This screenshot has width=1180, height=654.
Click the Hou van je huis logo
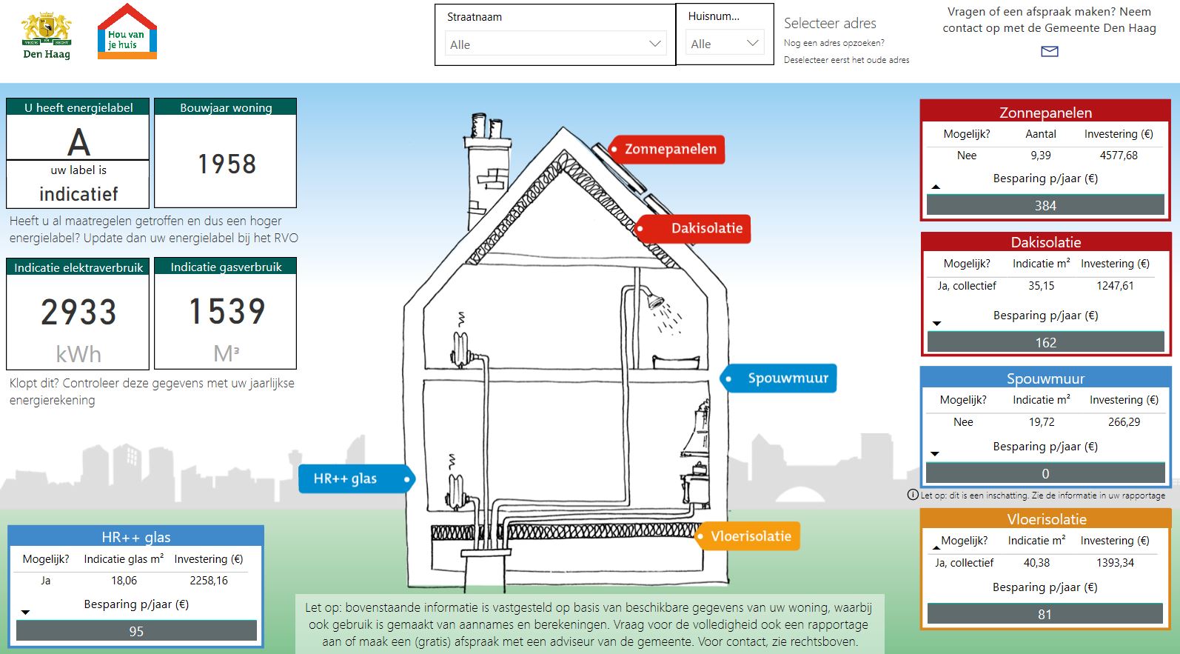(127, 32)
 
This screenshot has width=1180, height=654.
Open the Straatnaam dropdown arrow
(655, 44)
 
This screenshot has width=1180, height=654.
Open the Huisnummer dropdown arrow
(753, 43)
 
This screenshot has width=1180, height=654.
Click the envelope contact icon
(1050, 51)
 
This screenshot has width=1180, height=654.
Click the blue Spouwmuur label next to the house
(778, 378)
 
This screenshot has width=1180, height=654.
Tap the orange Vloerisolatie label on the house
(747, 536)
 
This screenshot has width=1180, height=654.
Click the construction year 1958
(227, 164)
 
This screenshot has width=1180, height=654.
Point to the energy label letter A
(78, 142)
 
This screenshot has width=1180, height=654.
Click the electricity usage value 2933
(78, 312)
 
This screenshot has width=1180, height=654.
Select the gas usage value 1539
(227, 311)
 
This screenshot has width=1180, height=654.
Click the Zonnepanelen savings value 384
(1045, 205)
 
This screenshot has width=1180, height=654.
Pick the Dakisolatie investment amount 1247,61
(1115, 286)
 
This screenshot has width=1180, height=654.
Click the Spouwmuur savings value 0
(1045, 474)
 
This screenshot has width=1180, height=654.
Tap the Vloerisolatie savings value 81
(1045, 615)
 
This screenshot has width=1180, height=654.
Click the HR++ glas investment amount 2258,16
(209, 581)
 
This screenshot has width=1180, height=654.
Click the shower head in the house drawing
(656, 301)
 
